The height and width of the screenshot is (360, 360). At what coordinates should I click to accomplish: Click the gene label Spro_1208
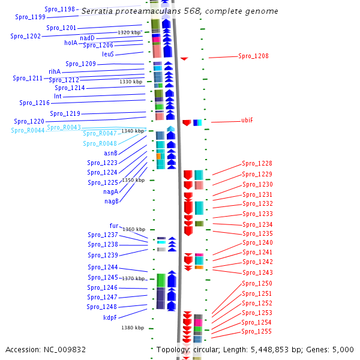tap(253, 56)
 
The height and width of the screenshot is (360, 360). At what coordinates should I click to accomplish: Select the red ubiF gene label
tap(247, 120)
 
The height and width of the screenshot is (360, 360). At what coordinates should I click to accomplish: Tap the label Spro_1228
tap(257, 163)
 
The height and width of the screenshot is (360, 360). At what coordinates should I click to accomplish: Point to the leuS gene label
tap(108, 54)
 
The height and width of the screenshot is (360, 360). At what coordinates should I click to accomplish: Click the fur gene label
tap(114, 226)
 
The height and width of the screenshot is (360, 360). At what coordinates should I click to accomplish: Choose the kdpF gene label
tap(110, 317)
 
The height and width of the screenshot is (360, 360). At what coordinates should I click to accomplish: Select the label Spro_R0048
tap(100, 143)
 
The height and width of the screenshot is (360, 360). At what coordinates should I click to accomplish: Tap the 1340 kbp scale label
tap(133, 131)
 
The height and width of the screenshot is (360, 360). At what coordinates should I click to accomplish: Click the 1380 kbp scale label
tap(133, 328)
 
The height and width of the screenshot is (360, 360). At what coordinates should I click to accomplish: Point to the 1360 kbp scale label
tap(134, 229)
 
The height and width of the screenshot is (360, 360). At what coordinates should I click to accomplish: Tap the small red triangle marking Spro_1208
tap(184, 58)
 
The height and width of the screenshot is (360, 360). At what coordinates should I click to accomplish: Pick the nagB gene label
tap(111, 201)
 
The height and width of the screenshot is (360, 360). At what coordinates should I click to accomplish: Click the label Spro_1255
tap(256, 331)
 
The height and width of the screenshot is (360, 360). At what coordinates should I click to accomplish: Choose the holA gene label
tap(71, 43)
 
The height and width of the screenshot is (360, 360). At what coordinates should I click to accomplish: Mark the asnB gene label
tap(110, 153)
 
